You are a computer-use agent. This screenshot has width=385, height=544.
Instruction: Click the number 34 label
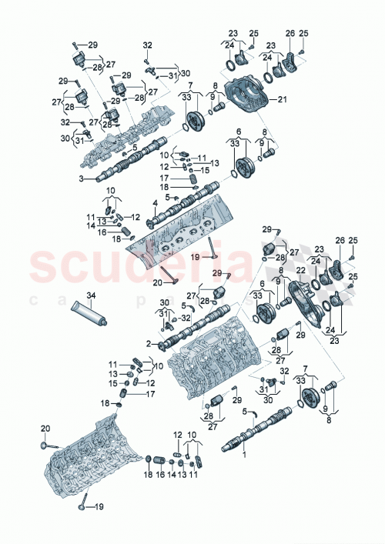pos(91,295)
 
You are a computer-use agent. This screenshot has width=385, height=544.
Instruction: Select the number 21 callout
pos(281,100)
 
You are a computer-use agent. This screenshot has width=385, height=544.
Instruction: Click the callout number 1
pos(245,456)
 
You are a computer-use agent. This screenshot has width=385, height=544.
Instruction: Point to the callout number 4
pos(155,203)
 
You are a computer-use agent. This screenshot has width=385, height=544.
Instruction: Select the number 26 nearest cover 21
pos(290,33)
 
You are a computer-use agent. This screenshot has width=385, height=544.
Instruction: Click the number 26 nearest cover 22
pos(339,242)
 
